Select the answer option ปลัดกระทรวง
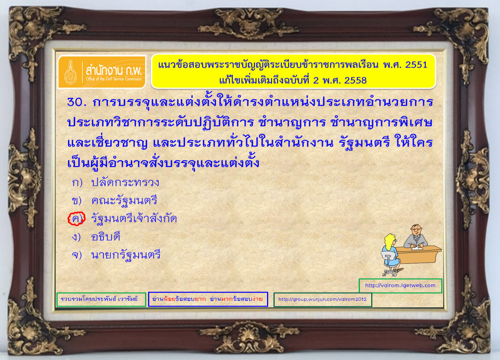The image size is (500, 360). point(125,183)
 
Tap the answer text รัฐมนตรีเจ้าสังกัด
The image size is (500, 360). point(134,218)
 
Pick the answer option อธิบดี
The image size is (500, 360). point(106,236)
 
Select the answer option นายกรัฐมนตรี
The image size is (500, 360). point(126,255)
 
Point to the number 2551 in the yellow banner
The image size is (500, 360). point(416,65)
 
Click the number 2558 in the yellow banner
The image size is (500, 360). point(355,80)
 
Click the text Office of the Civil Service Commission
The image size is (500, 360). point(114,79)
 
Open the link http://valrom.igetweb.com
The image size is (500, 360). point(400,285)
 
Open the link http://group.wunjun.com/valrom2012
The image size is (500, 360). point(322,299)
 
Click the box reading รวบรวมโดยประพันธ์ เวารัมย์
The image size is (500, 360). point(101,299)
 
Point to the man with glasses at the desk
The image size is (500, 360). point(415,237)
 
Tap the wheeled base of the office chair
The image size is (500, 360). point(390,273)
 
